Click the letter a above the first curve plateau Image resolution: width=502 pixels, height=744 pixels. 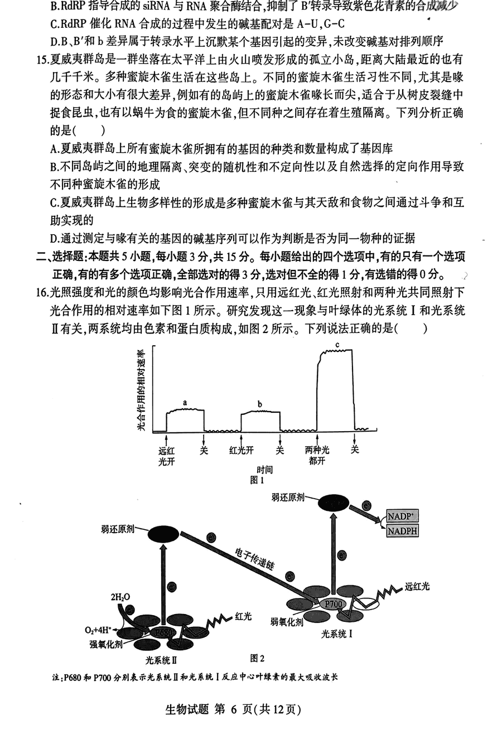click(x=185, y=402)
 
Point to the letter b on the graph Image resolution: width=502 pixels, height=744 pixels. click(x=259, y=403)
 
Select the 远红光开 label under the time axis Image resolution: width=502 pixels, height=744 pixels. click(x=166, y=455)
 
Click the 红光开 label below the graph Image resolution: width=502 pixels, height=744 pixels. click(x=242, y=450)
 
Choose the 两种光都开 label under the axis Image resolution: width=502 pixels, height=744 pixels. click(x=317, y=455)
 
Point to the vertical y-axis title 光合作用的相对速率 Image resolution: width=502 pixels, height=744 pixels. click(x=140, y=390)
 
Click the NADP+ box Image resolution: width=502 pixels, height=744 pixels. click(x=403, y=516)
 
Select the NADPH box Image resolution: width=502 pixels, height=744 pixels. click(x=403, y=530)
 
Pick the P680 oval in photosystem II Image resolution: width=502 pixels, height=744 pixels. click(x=161, y=632)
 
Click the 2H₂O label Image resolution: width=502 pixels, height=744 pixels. click(x=119, y=598)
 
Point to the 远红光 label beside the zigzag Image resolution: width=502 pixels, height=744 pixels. click(x=418, y=586)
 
